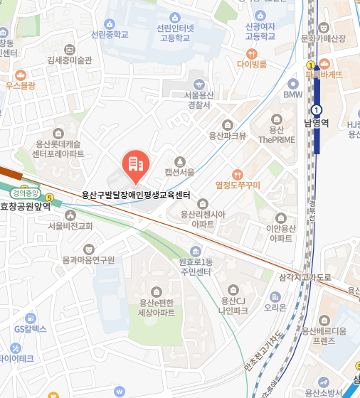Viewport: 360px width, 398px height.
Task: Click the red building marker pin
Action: tap(135, 165)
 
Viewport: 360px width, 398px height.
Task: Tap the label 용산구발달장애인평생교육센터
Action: tap(136, 194)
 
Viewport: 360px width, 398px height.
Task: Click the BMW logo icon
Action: tap(292, 82)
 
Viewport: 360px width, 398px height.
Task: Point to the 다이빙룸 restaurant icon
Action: tap(251, 53)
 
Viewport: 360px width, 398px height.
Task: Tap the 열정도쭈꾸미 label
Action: tap(238, 185)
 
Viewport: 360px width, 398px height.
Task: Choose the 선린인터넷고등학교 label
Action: tap(174, 33)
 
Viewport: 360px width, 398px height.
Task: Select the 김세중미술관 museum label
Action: tap(70, 60)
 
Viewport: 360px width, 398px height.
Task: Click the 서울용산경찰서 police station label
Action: tap(197, 99)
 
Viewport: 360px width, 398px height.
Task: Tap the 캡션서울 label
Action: tap(179, 172)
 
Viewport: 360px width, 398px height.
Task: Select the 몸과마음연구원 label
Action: tap(88, 260)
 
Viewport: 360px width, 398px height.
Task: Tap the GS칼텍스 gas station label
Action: tap(30, 329)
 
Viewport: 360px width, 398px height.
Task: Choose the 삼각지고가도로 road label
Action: tap(305, 277)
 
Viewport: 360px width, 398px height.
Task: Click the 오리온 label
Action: tap(275, 308)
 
